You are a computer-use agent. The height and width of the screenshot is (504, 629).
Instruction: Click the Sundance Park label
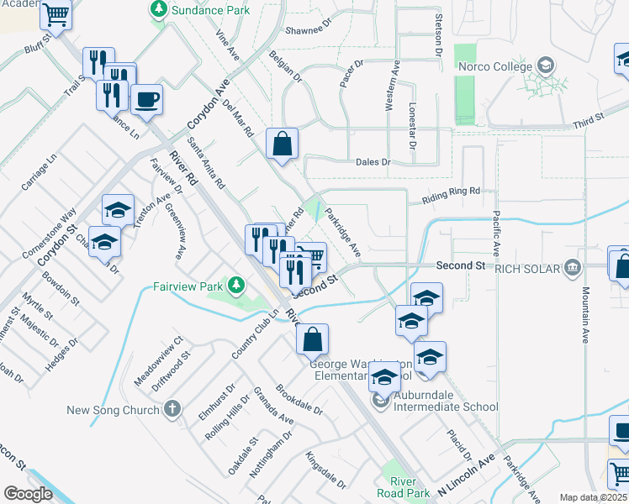click(x=210, y=11)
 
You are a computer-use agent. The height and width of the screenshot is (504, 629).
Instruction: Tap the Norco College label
click(x=494, y=66)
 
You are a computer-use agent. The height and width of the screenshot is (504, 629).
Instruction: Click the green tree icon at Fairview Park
click(x=238, y=286)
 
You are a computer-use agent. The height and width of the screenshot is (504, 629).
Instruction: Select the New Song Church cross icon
click(x=172, y=410)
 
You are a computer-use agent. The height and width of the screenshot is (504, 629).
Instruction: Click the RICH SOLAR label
click(x=527, y=268)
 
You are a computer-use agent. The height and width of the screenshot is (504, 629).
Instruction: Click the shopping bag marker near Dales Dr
click(x=282, y=144)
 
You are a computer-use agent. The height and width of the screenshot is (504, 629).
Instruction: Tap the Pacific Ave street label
click(x=496, y=234)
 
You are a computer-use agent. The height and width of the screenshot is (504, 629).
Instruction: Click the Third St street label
click(x=588, y=118)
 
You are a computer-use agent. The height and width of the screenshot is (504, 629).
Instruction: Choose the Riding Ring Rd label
click(x=450, y=195)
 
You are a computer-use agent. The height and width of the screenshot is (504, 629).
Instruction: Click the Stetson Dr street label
click(x=438, y=34)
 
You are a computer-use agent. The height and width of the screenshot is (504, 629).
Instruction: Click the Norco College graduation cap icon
click(x=546, y=66)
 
